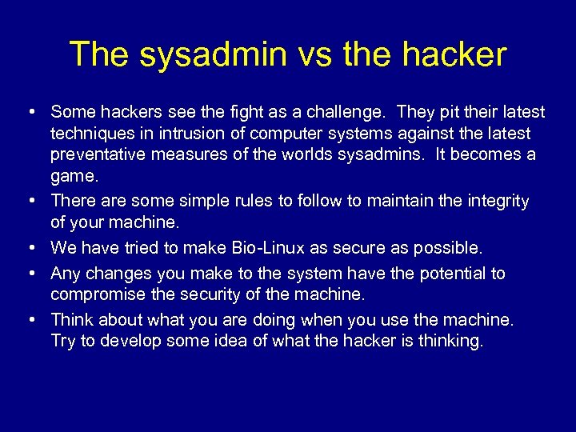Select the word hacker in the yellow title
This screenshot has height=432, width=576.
point(454,54)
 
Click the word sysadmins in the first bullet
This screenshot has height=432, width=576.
point(379,154)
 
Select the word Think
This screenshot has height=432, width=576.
point(71,320)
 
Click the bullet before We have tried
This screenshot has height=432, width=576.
point(30,248)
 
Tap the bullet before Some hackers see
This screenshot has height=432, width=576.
point(30,112)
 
